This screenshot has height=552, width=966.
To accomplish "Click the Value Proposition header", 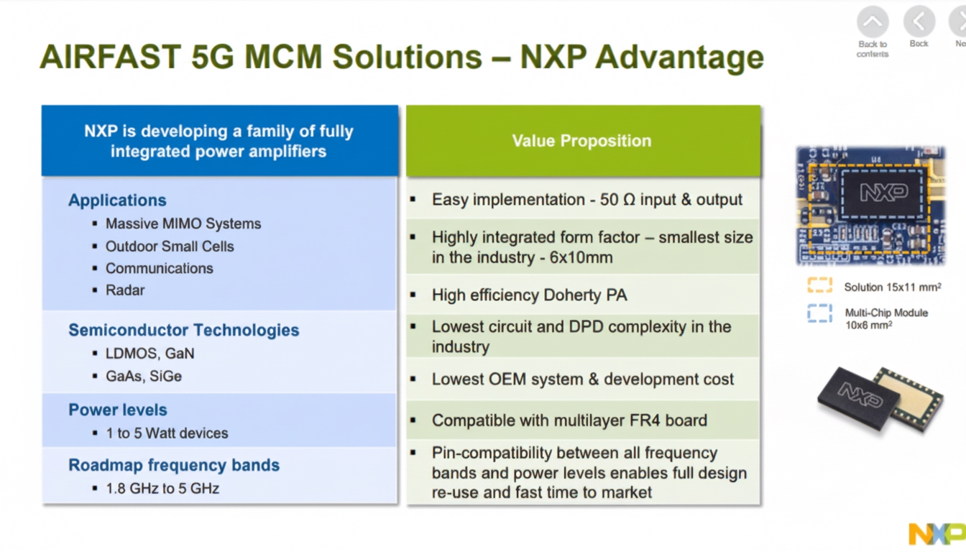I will point(581,141).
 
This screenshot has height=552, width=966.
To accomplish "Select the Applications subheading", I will point(117,201).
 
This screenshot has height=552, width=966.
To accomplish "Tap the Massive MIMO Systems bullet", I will point(183,224).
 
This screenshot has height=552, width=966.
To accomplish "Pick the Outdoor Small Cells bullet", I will point(170,246).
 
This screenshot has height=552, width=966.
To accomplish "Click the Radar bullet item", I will point(125,290).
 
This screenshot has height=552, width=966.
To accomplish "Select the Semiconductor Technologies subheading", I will point(183,331).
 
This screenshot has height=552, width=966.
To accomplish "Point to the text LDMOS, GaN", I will point(149,354).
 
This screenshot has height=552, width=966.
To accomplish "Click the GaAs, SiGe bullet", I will point(144,376).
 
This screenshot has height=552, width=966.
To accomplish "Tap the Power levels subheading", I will point(118,410).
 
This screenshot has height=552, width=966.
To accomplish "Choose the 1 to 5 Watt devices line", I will point(167,433).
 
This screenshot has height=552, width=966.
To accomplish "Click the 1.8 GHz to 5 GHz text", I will point(162,489).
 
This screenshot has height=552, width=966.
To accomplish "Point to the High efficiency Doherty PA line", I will point(529,295).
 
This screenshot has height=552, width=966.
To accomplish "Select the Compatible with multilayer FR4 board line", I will point(569,420).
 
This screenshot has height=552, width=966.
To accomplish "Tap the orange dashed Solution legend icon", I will point(819,286).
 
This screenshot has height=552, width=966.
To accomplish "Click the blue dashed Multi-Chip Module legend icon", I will point(819,313).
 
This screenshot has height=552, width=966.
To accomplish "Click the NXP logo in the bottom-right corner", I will point(936,533).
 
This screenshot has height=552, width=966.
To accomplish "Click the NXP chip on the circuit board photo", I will point(883,192).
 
